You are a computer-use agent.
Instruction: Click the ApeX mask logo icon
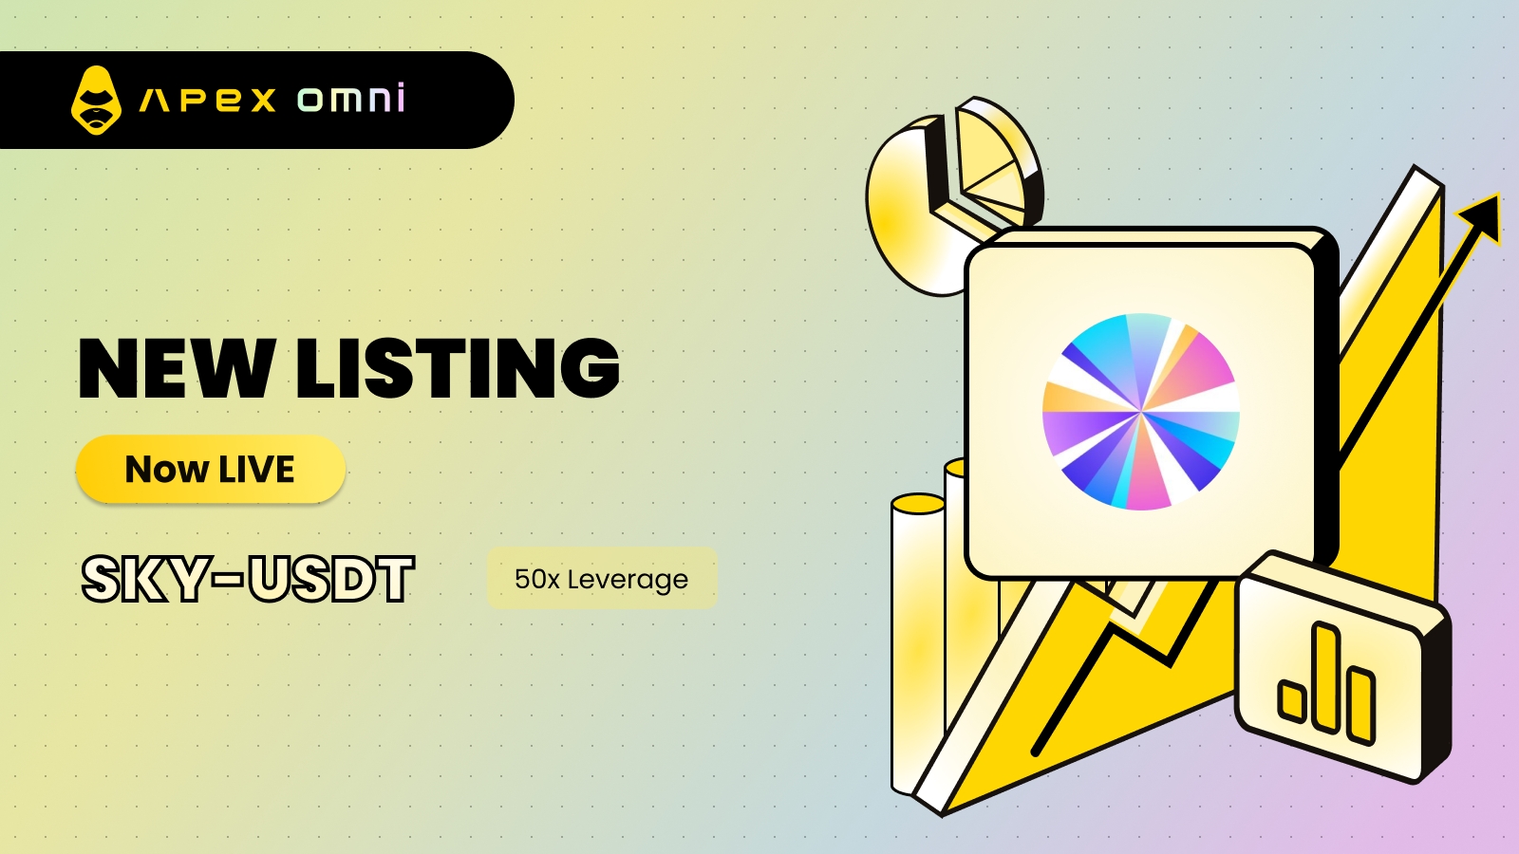click(x=96, y=101)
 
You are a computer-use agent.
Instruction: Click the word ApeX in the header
click(x=208, y=101)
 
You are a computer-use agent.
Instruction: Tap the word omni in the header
click(x=351, y=98)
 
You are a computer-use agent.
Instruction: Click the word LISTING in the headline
click(x=459, y=368)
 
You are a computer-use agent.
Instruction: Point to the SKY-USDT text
click(x=248, y=579)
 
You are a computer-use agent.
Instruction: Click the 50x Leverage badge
click(x=602, y=578)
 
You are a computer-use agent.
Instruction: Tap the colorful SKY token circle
click(x=1141, y=412)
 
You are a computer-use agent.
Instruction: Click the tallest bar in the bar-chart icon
click(x=1327, y=677)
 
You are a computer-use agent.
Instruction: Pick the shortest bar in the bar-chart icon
click(x=1292, y=700)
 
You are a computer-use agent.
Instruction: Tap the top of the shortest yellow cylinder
click(x=918, y=504)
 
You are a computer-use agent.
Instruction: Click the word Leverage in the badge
click(x=628, y=580)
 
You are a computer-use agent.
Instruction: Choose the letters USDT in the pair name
click(x=330, y=579)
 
